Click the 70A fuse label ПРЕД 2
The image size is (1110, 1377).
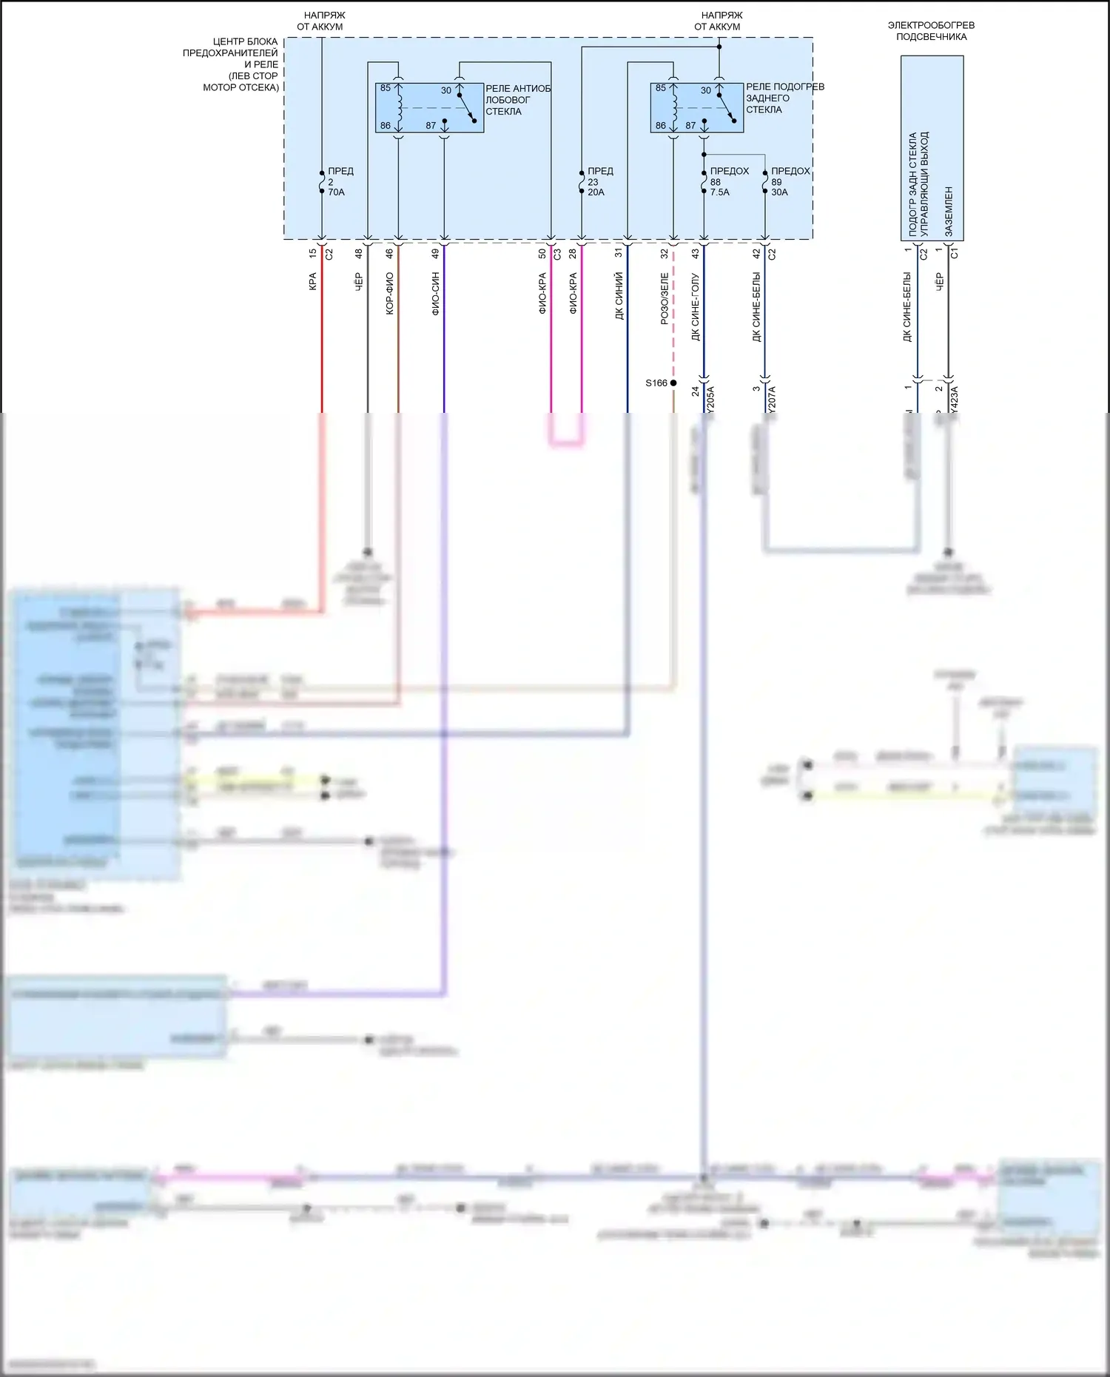338,181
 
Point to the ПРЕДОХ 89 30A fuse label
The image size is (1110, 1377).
788,181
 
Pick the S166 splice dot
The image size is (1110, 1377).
673,383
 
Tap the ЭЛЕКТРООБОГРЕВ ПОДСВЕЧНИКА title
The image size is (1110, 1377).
931,30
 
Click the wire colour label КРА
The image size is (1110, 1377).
313,282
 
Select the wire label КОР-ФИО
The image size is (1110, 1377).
390,294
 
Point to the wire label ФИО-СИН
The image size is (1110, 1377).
436,294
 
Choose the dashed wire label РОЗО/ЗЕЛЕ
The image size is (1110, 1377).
665,298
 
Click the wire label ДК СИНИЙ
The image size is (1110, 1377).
619,295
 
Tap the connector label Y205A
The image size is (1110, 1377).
710,399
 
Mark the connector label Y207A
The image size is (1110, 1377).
772,399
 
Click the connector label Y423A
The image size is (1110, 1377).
954,399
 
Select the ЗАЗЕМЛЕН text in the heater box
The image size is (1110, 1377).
949,212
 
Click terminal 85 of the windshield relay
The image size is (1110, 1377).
386,88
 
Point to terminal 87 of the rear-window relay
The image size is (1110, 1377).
690,126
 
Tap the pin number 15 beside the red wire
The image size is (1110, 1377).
313,253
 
